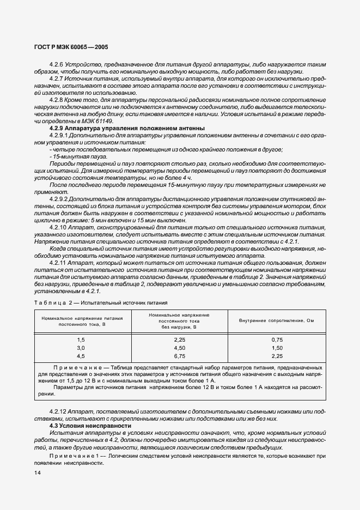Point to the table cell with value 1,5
click(81, 339)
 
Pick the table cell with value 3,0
click(81, 348)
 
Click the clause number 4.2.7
click(57, 78)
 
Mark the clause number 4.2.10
click(58, 227)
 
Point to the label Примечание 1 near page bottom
click(77, 454)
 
